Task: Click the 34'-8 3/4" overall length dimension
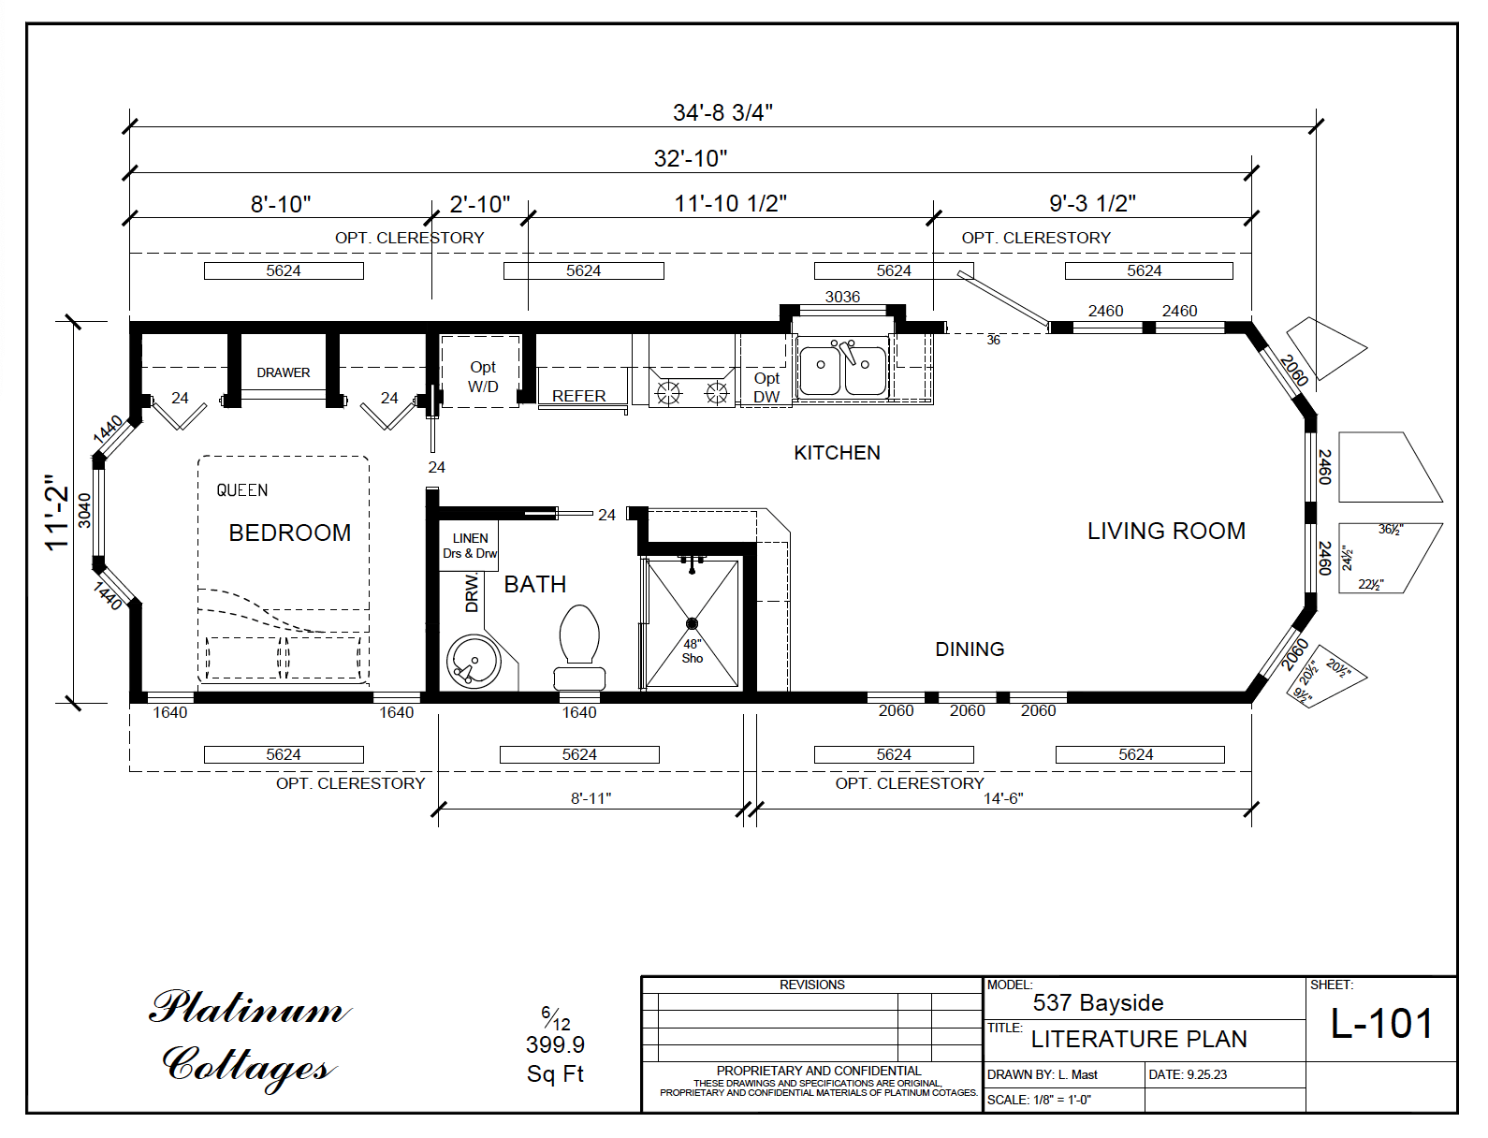[x=722, y=113]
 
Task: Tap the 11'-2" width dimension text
[x=57, y=512]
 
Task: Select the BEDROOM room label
[x=290, y=533]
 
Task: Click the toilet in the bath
[x=579, y=645]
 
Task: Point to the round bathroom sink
[x=472, y=662]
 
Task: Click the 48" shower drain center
[x=692, y=623]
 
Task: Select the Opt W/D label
[x=483, y=377]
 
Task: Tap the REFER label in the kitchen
[x=578, y=396]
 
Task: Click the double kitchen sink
[x=842, y=371]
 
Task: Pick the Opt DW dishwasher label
[x=766, y=387]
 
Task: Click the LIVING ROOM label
[x=1166, y=532]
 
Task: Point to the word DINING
[x=970, y=649]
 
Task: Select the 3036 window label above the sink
[x=842, y=297]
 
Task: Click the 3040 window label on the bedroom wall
[x=85, y=510]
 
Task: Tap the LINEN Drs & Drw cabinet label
[x=470, y=546]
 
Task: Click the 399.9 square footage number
[x=555, y=1044]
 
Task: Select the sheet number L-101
[x=1381, y=1024]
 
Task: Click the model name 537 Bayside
[x=1098, y=1003]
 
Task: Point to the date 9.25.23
[x=1205, y=1074]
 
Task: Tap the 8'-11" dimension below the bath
[x=591, y=798]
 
